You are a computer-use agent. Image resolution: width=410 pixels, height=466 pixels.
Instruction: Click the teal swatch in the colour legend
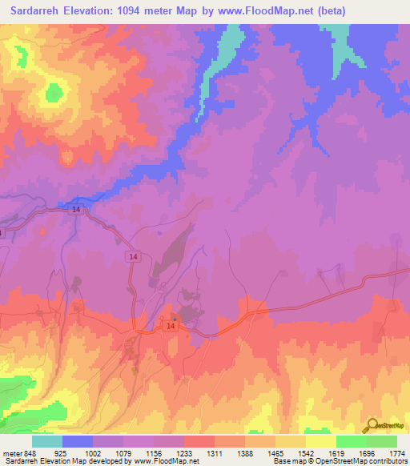(47, 441)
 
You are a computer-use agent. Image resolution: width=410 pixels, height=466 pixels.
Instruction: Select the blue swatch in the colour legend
(78, 441)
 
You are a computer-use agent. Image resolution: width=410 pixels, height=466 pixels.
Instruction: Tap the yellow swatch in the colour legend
(321, 441)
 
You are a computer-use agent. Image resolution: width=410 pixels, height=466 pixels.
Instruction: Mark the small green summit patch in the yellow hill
(54, 93)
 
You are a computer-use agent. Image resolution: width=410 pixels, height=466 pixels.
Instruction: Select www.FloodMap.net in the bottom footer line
(167, 462)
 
